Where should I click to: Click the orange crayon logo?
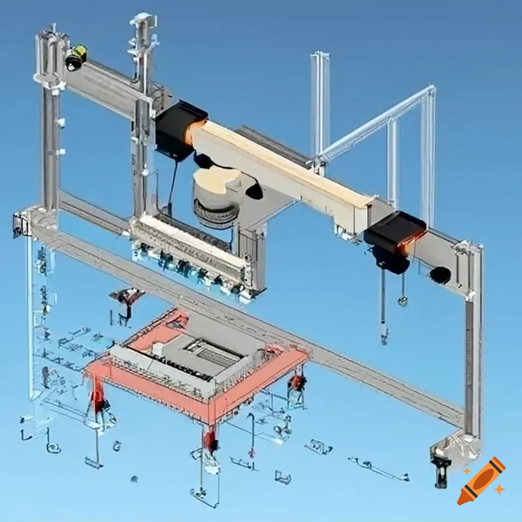click(481, 481)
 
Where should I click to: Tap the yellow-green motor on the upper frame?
click(76, 57)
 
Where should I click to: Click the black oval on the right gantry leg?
click(440, 275)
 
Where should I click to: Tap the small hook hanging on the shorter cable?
click(403, 301)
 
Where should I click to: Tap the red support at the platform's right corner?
click(296, 382)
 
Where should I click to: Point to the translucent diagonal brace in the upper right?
click(377, 122)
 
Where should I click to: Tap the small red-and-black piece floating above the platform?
click(126, 296)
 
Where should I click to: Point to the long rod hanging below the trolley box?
click(382, 311)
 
